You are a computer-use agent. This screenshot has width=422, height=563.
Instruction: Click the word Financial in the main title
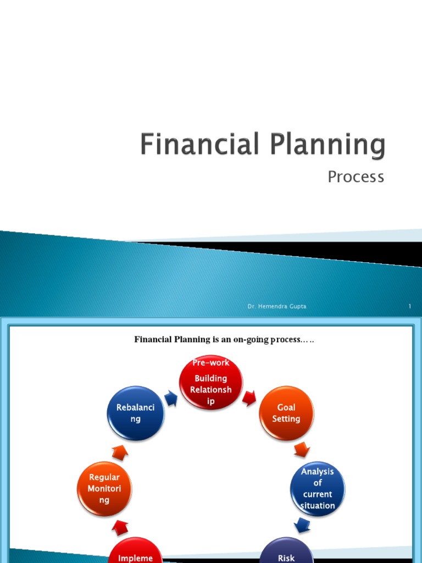(x=198, y=145)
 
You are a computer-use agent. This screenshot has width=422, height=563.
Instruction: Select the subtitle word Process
(x=356, y=177)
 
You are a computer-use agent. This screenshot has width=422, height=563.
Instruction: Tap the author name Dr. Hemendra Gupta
(x=277, y=306)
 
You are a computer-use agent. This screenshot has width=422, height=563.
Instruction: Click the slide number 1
(x=409, y=306)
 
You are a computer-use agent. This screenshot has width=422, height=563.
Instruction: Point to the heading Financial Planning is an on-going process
(x=224, y=340)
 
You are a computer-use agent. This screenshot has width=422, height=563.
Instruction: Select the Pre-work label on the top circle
(x=211, y=363)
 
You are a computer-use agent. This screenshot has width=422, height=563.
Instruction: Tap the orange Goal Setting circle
(x=286, y=413)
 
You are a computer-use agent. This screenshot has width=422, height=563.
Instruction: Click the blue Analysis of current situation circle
(x=317, y=489)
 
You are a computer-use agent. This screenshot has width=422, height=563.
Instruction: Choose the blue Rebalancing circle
(x=136, y=413)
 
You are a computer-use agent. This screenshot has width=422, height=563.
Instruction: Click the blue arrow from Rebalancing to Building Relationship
(x=171, y=397)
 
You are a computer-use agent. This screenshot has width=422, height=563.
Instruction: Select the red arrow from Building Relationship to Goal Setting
(x=249, y=398)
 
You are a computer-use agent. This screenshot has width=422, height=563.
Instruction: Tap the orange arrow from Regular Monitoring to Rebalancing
(x=120, y=452)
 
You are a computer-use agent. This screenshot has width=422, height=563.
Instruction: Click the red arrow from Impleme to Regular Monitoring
(x=120, y=528)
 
